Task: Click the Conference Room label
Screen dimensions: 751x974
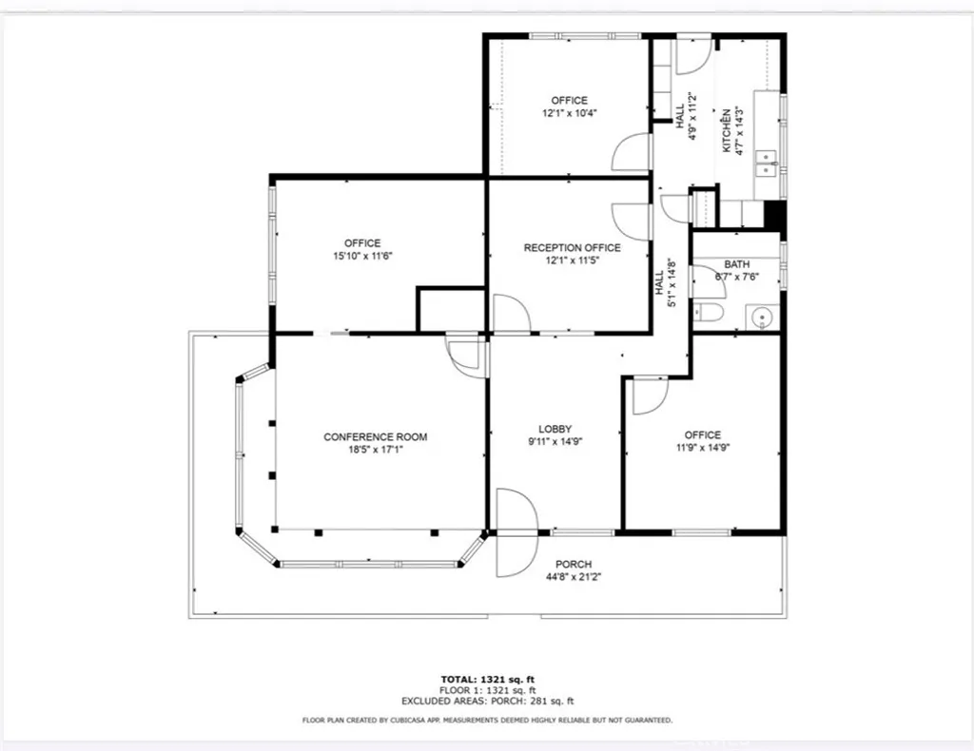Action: pos(375,437)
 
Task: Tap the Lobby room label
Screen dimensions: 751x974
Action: pos(555,429)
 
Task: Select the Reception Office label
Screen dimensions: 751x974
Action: pos(572,248)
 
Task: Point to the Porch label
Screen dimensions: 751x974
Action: pos(574,564)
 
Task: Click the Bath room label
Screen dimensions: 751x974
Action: pos(736,264)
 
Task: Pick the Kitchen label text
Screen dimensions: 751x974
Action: pos(726,131)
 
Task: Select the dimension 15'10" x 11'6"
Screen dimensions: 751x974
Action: pos(362,256)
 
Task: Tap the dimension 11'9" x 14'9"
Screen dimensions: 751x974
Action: pos(702,448)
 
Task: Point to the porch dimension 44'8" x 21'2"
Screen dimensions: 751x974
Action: pos(574,577)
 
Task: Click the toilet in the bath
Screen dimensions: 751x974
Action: pos(710,313)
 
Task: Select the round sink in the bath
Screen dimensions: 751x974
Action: pos(760,316)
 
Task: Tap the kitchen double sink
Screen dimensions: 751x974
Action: pos(765,164)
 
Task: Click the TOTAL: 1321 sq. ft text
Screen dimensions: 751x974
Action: pos(486,679)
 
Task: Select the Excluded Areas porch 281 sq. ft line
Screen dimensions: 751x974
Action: pos(486,702)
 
